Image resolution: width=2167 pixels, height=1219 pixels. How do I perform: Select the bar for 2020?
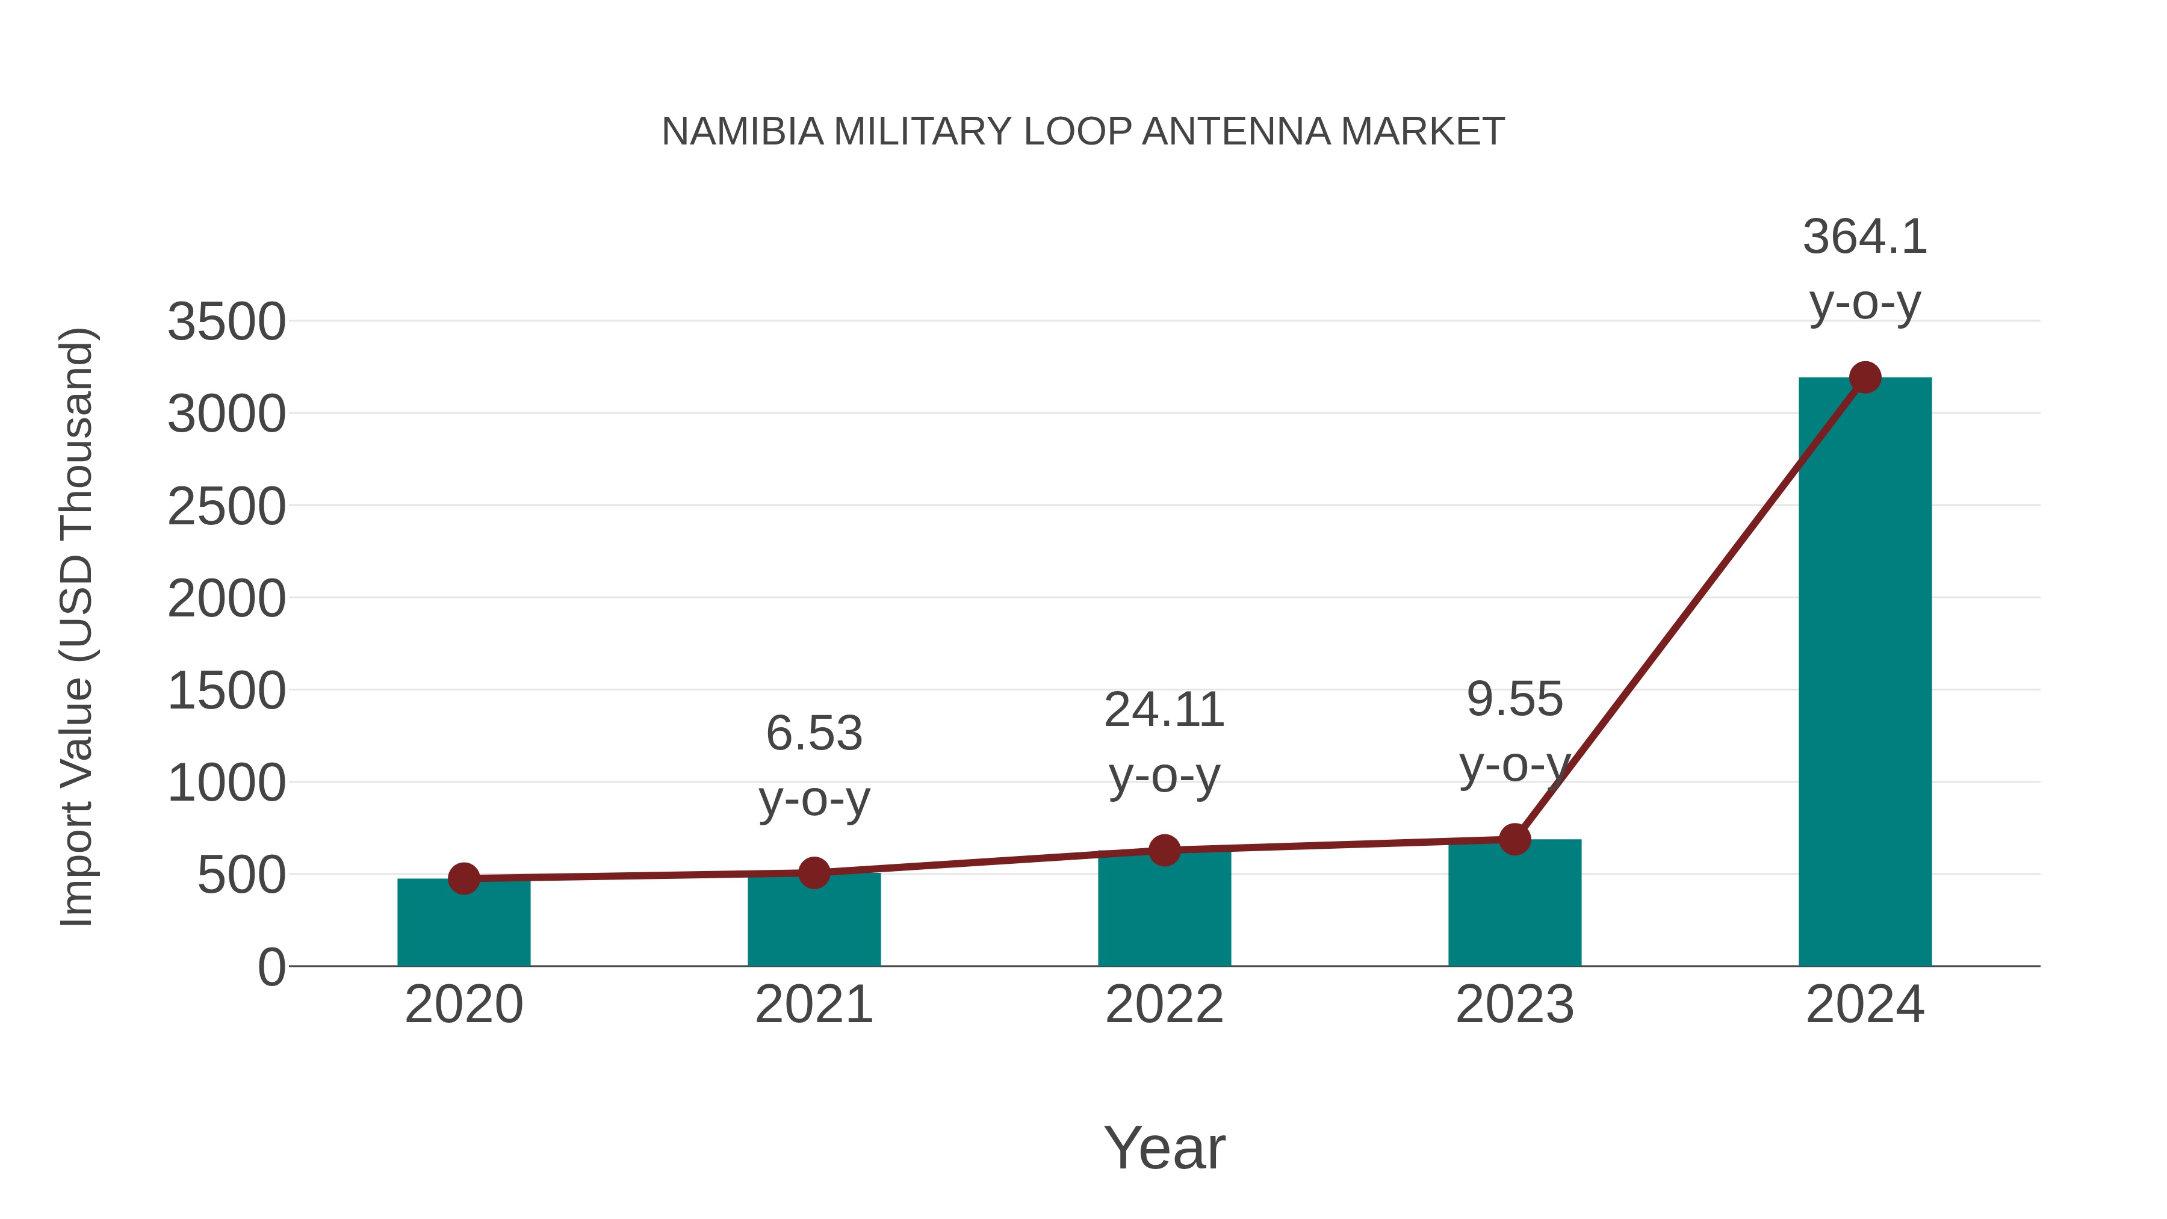pyautogui.click(x=463, y=925)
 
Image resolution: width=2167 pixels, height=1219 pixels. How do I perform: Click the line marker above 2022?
pyautogui.click(x=1164, y=851)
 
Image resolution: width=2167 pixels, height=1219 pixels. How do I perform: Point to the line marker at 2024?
pyautogui.click(x=1865, y=377)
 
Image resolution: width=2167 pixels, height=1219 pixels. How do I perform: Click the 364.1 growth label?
pyautogui.click(x=1864, y=237)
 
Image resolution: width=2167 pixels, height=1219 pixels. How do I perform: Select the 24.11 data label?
pyautogui.click(x=1164, y=711)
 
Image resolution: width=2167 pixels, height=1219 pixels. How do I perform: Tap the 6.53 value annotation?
pyautogui.click(x=813, y=734)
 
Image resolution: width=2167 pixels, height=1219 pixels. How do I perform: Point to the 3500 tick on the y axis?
pyautogui.click(x=226, y=322)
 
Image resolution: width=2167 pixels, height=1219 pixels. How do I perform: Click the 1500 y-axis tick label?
pyautogui.click(x=226, y=692)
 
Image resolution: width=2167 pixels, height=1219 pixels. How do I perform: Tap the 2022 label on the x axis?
pyautogui.click(x=1164, y=1005)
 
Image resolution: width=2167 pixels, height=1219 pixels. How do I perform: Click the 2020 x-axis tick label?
pyautogui.click(x=463, y=1005)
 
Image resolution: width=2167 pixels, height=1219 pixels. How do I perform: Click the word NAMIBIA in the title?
pyautogui.click(x=742, y=132)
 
